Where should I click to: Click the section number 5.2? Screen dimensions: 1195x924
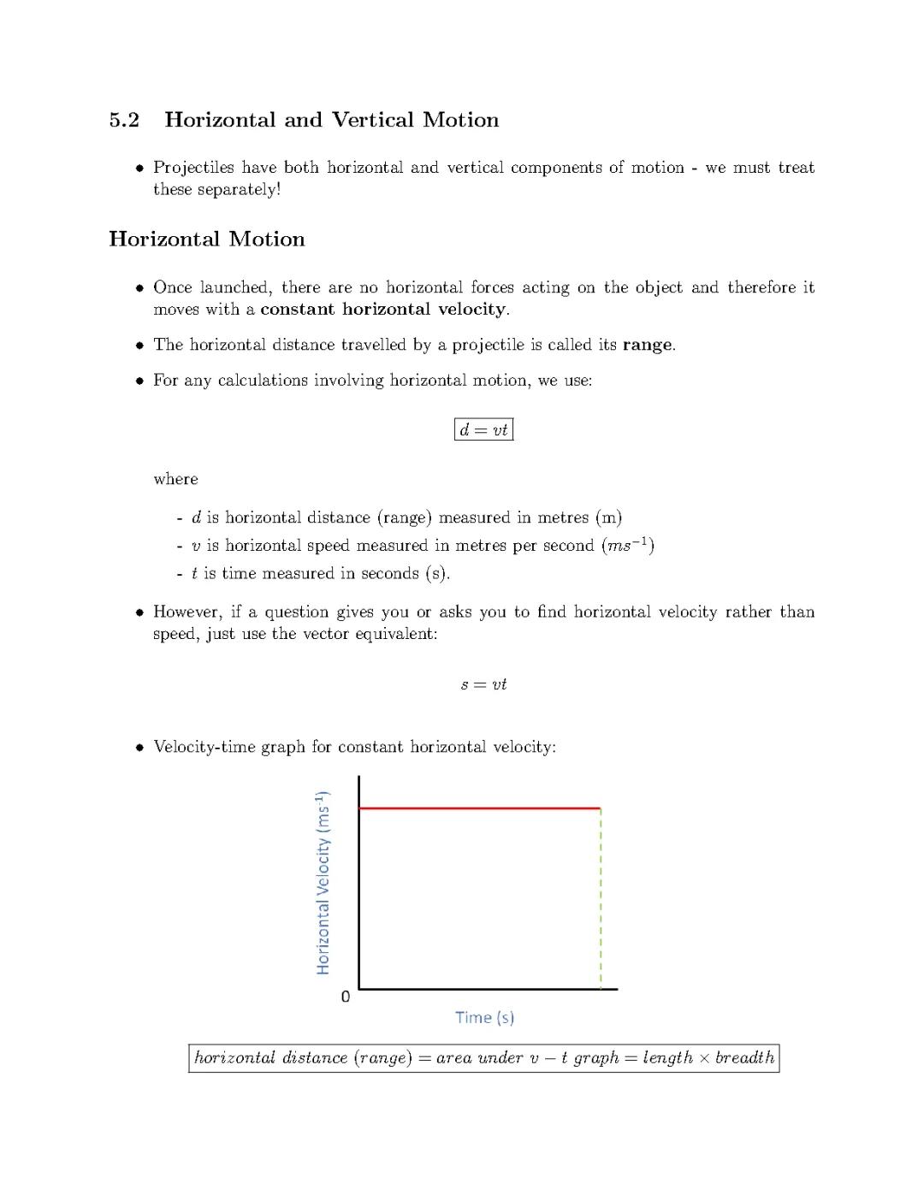[124, 120]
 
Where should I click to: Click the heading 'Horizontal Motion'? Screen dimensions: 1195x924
[206, 240]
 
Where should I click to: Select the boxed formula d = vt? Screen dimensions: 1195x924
[483, 429]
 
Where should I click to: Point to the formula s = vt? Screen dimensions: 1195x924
[483, 684]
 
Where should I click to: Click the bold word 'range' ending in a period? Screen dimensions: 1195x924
[648, 345]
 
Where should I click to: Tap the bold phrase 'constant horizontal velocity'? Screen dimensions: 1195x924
[383, 309]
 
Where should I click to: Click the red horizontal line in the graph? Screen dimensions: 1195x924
[479, 808]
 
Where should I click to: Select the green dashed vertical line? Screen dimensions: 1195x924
[601, 898]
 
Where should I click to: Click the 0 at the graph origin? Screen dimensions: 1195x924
[346, 997]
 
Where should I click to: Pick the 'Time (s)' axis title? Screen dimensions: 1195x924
[484, 1017]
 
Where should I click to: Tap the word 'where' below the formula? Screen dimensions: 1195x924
[175, 479]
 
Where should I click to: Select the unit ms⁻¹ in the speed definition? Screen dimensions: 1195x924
[628, 545]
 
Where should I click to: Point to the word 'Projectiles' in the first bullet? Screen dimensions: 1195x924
[193, 168]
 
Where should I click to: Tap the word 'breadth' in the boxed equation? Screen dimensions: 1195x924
[744, 1058]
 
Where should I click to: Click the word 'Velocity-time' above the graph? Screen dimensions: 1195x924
[204, 747]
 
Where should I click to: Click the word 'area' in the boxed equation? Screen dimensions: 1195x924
[453, 1058]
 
